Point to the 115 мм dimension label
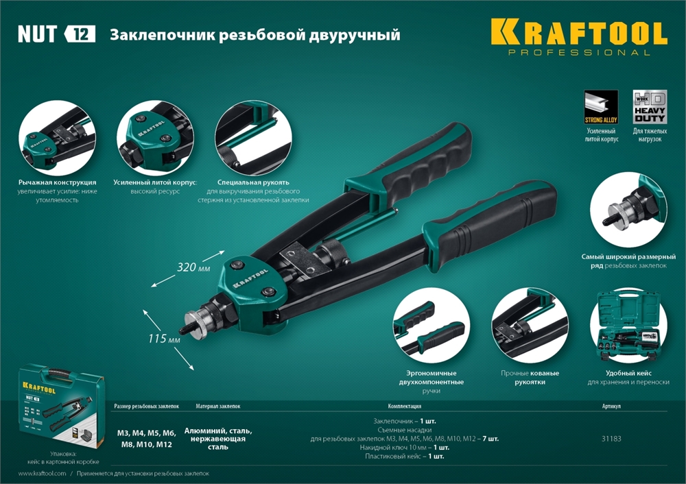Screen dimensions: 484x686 (164, 339)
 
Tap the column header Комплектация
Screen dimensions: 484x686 (405, 406)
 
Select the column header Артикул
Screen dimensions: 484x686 (611, 406)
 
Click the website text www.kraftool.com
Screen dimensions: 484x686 (42, 474)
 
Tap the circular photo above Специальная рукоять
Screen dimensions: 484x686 (253, 140)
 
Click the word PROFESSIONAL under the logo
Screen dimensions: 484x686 (579, 53)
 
